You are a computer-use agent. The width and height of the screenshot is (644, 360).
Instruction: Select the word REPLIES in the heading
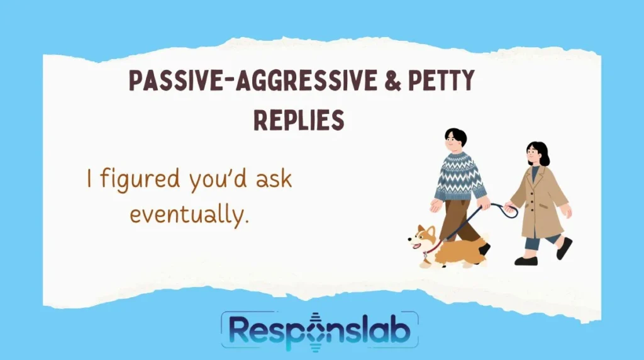[299, 119]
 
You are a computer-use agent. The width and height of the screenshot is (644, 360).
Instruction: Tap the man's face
[455, 143]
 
